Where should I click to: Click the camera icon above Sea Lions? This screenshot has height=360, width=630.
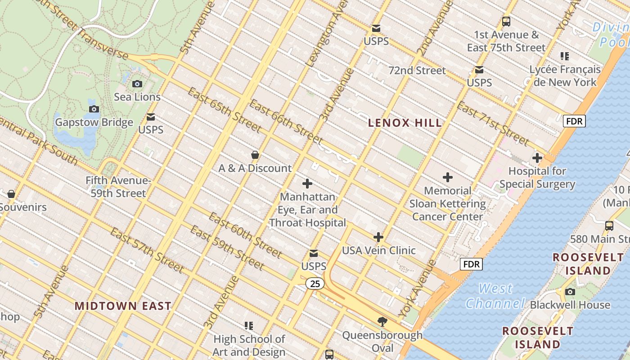click(137, 84)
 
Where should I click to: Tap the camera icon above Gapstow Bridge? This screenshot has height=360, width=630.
click(94, 109)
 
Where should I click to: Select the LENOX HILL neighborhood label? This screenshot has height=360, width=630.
click(405, 123)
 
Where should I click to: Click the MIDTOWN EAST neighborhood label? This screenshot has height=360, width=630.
click(123, 306)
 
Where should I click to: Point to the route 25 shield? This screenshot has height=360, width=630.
click(315, 283)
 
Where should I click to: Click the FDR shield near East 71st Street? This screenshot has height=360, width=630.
click(574, 121)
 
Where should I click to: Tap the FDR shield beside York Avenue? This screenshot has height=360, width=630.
click(472, 264)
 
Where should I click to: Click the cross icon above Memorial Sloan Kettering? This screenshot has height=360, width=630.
click(448, 177)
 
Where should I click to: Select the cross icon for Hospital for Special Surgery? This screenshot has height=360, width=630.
click(537, 158)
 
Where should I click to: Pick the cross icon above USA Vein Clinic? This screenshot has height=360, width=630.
click(378, 237)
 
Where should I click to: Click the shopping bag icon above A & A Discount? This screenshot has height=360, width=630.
click(255, 155)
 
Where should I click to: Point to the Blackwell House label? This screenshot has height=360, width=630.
click(570, 305)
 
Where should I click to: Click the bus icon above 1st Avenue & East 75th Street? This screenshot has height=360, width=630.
click(506, 21)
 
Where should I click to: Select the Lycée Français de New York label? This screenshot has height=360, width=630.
click(565, 76)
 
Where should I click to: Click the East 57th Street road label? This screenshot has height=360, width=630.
click(147, 251)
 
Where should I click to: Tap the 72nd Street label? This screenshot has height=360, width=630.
click(417, 71)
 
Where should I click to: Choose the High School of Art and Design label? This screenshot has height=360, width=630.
click(249, 345)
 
